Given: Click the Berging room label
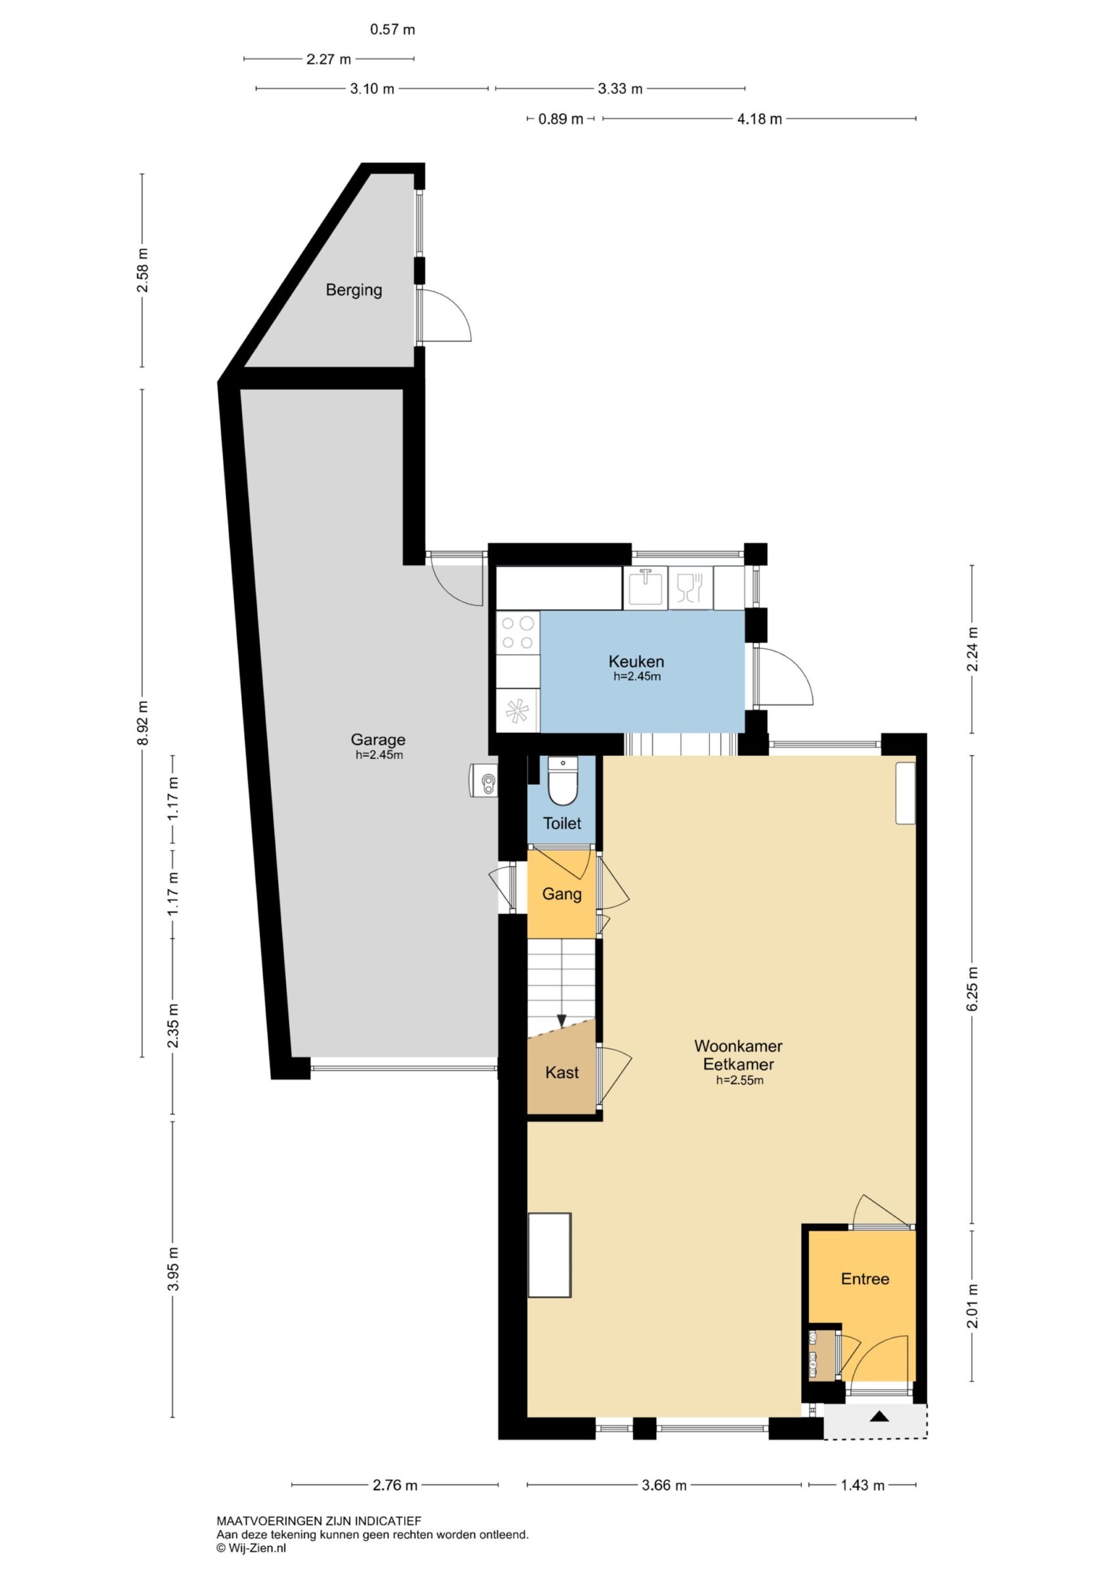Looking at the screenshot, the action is [x=354, y=290].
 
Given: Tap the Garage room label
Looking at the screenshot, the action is [x=378, y=740].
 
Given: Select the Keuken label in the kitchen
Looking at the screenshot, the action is [x=636, y=662].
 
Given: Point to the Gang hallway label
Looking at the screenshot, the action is [x=562, y=894].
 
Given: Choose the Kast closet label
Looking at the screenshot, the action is [x=562, y=1072].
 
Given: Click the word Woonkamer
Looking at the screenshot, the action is [x=738, y=1046].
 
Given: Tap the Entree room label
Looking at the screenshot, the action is [x=865, y=1278].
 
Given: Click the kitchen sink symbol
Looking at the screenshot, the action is [x=646, y=587].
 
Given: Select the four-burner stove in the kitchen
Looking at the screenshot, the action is [x=518, y=633].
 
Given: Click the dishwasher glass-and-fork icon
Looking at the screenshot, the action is [x=691, y=588].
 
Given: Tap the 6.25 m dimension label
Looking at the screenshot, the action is [x=972, y=988].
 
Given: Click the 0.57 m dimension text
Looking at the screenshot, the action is [x=392, y=30].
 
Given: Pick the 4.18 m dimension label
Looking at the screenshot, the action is [x=759, y=119].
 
